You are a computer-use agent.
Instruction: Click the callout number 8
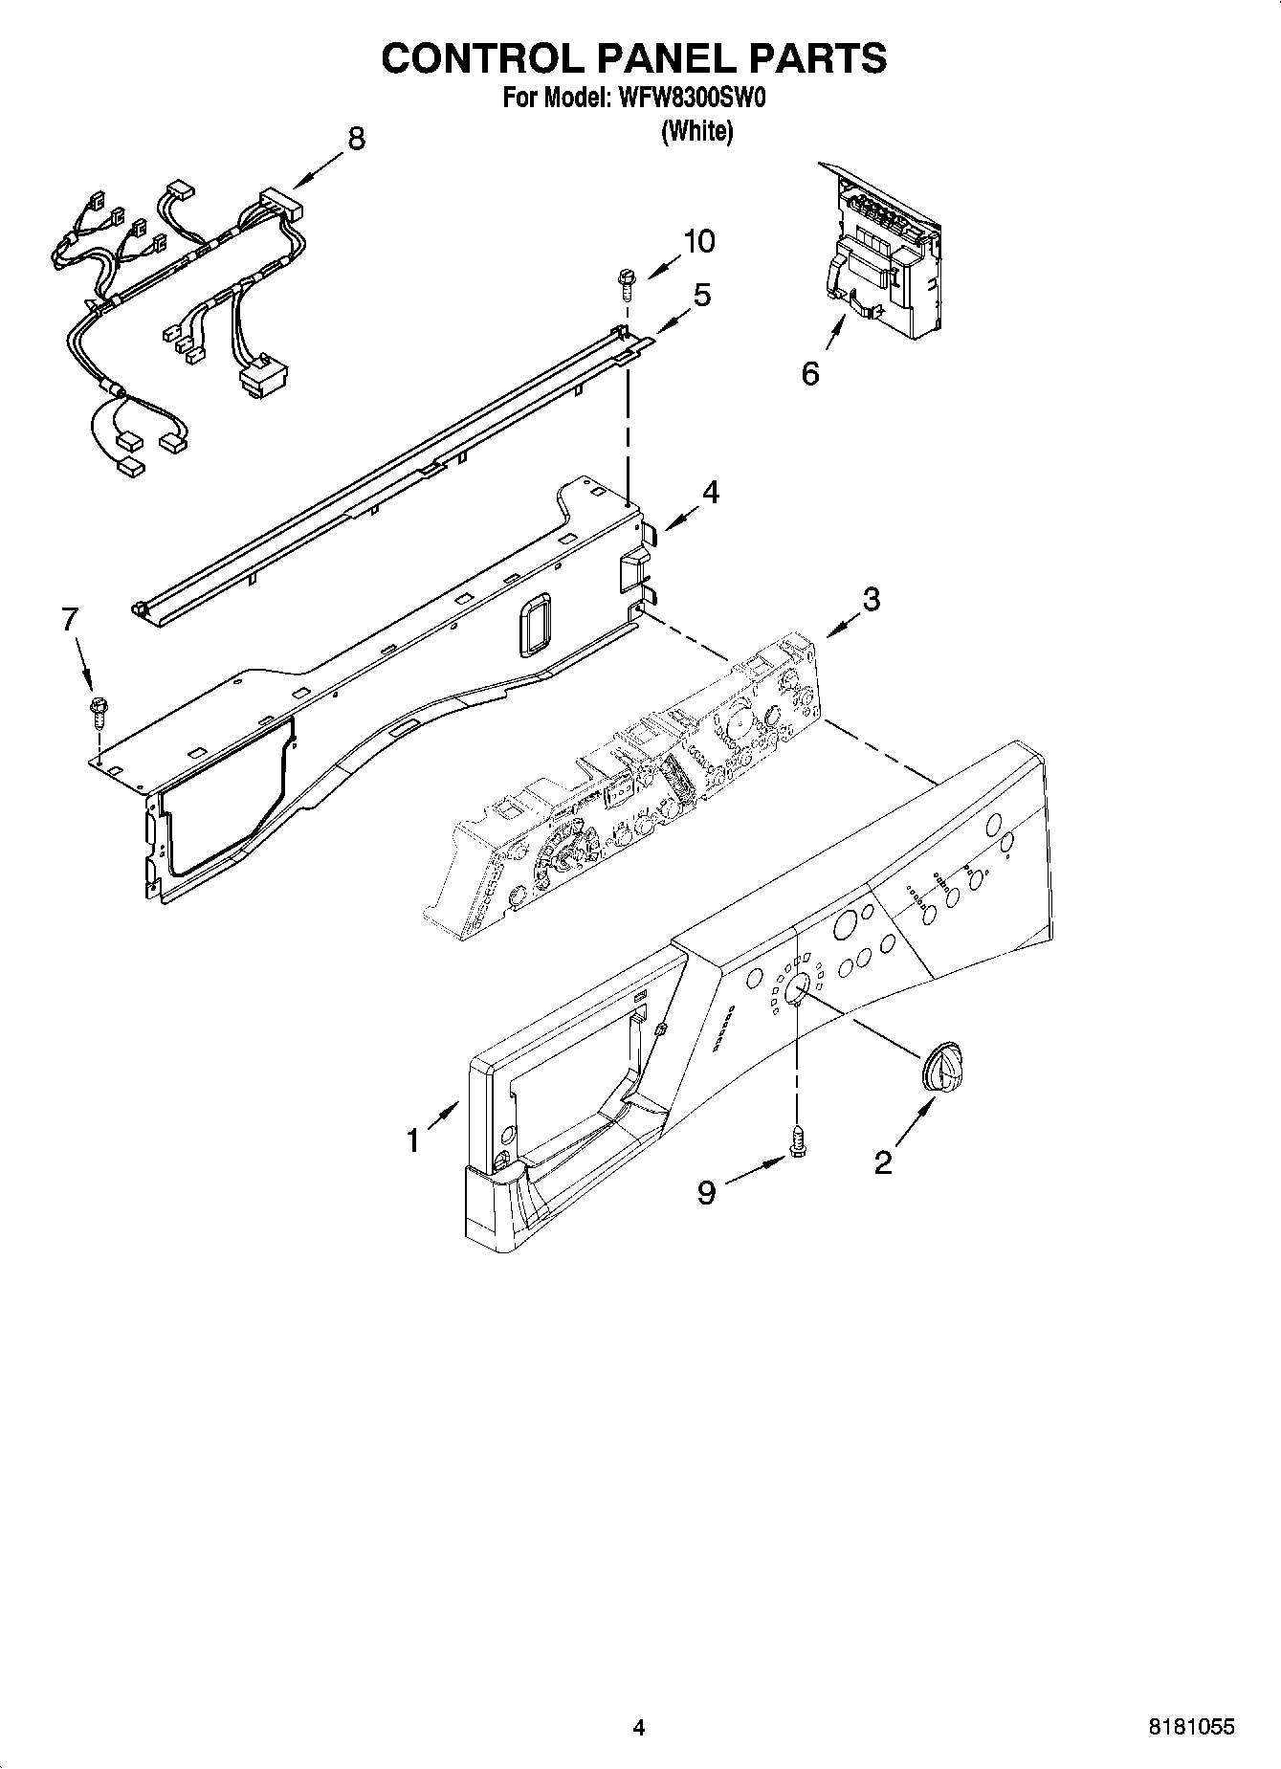click(x=356, y=139)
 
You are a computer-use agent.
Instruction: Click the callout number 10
click(x=699, y=242)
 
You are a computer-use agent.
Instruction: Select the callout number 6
click(x=810, y=373)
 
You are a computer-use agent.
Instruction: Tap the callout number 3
click(x=871, y=600)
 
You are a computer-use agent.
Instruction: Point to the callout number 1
click(x=413, y=1140)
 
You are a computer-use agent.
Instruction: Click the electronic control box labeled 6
click(x=880, y=254)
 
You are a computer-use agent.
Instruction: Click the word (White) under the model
click(x=697, y=131)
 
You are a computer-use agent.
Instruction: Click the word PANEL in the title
click(x=646, y=58)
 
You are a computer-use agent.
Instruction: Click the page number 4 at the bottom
click(x=639, y=1727)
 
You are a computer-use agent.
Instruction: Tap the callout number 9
click(x=706, y=1192)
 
